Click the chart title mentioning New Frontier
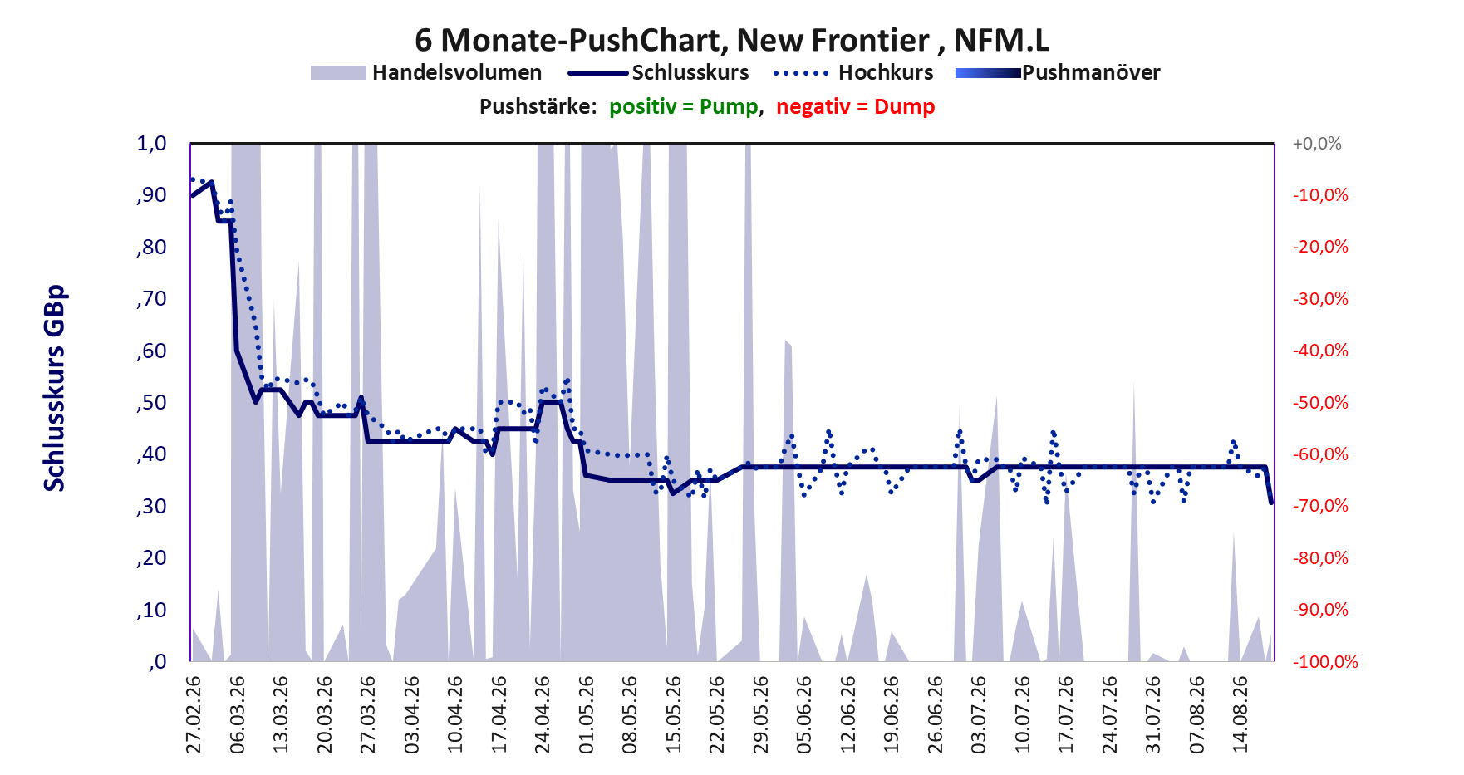732,40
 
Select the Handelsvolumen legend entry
425,73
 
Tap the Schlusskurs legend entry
658,73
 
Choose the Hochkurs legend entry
853,73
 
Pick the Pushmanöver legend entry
1058,73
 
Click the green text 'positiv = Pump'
684,107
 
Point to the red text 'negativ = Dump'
856,107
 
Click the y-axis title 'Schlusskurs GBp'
54,389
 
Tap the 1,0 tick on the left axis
151,144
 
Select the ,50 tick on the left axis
151,403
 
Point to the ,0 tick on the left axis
158,662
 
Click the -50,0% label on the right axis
1320,403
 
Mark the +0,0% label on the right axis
1317,144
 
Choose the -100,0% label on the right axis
1325,662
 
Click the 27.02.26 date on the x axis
194,714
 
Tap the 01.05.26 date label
587,714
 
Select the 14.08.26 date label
1240,714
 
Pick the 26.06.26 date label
936,714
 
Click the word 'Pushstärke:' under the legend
538,107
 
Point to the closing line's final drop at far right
1268,484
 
